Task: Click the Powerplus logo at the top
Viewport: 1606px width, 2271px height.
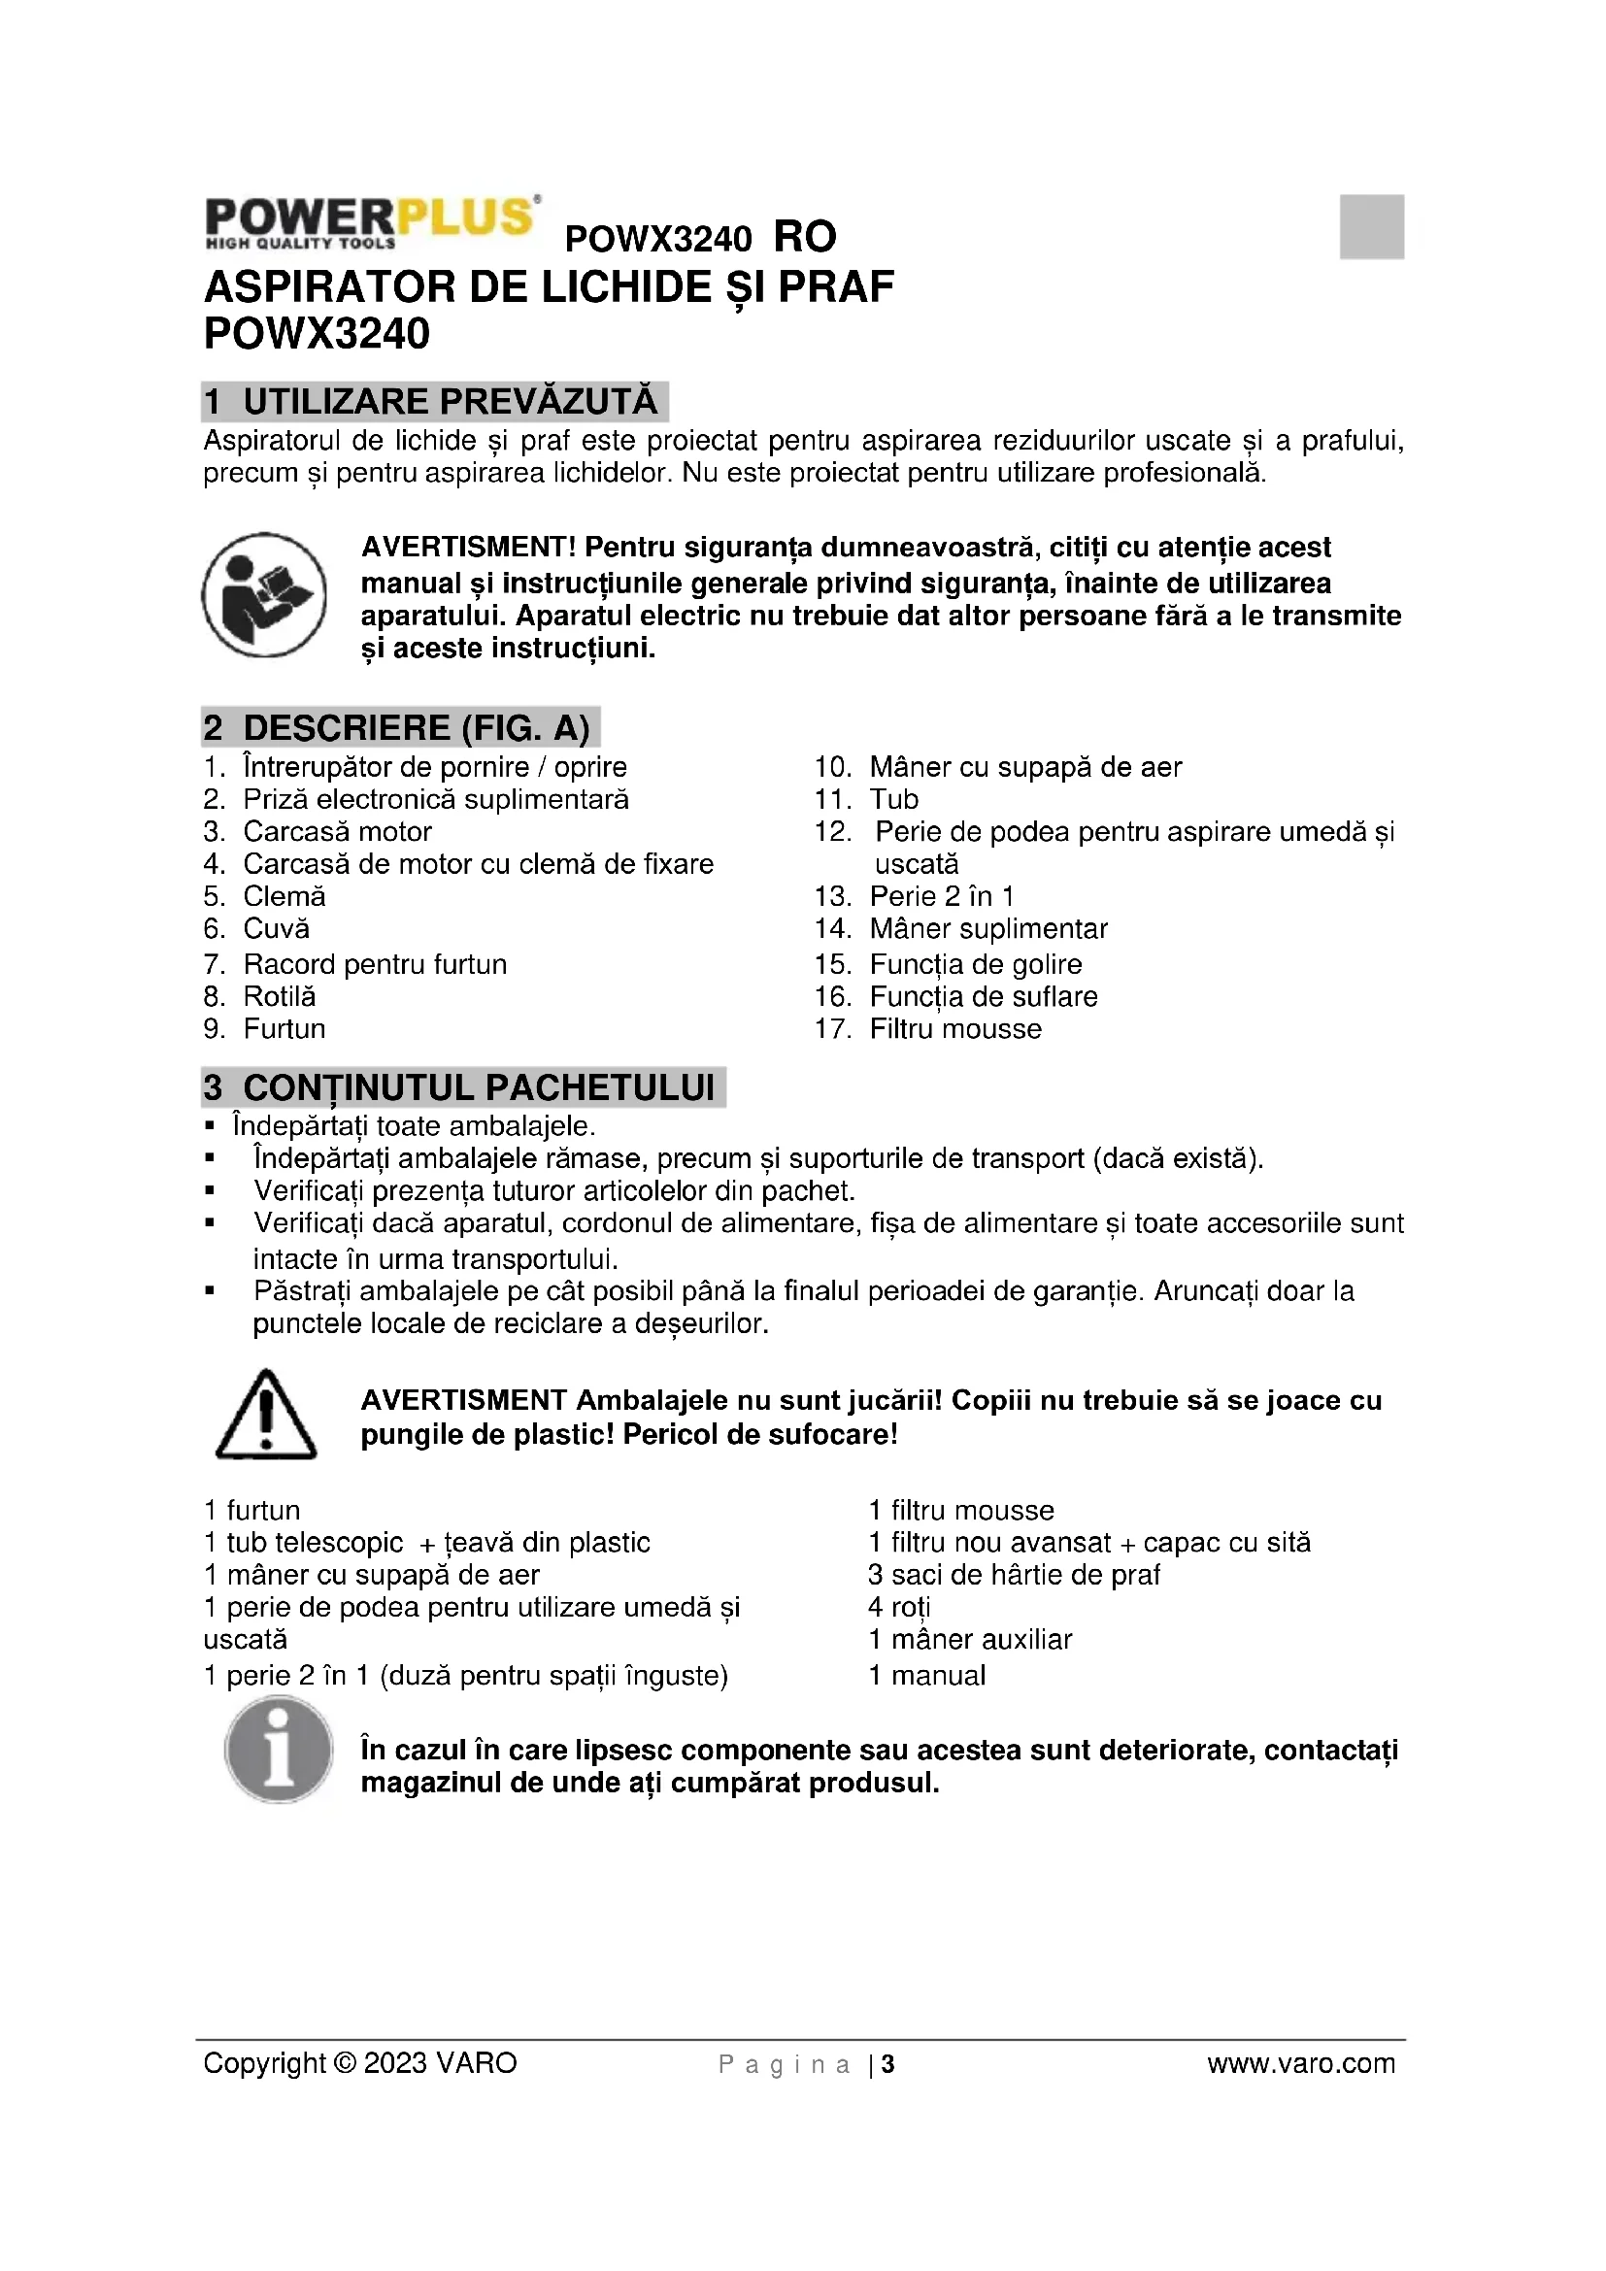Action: tap(372, 221)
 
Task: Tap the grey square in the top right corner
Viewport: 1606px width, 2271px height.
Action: tap(1372, 226)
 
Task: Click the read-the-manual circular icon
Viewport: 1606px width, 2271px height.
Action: tap(264, 594)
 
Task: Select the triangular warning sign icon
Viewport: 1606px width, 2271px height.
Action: tap(265, 1416)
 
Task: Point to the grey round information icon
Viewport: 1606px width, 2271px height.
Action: tap(279, 1749)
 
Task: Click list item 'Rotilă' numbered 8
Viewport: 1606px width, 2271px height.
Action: tap(279, 996)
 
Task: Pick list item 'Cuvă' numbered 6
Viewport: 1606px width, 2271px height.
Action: tap(276, 929)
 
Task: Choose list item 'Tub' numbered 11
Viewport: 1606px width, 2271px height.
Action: tap(894, 799)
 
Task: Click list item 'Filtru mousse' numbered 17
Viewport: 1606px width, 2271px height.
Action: tap(955, 1028)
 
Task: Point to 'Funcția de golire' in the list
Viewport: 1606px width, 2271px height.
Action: tap(975, 964)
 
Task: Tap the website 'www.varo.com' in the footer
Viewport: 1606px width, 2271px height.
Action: tap(1300, 2064)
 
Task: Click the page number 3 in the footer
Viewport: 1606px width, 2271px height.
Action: tap(888, 2065)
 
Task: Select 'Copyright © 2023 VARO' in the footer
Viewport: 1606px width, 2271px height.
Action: tap(360, 2064)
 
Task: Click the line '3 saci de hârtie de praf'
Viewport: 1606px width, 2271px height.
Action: tap(1014, 1575)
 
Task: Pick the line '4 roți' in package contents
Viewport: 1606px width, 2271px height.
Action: tap(899, 1607)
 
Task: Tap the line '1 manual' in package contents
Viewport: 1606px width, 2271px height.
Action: tap(926, 1676)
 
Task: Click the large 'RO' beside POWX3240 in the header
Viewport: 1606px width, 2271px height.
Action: tap(805, 237)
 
